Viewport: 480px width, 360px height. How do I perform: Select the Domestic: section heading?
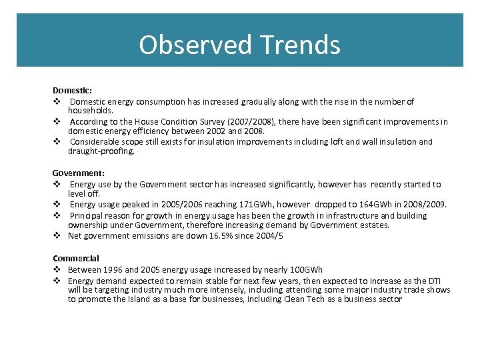coord(72,89)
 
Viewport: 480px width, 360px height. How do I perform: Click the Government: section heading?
coord(79,173)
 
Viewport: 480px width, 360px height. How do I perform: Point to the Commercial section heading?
coord(76,258)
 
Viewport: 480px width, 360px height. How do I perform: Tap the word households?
coord(91,110)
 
